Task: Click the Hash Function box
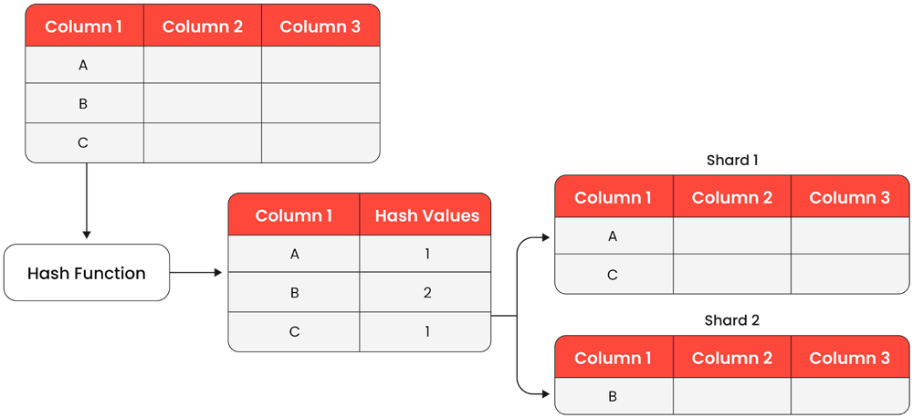click(87, 273)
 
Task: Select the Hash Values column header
click(426, 215)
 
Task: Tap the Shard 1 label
click(732, 160)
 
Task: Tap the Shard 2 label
click(732, 320)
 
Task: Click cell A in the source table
click(84, 66)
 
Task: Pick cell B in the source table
click(84, 104)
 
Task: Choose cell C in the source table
click(84, 142)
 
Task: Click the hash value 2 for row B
click(426, 293)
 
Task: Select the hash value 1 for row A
click(426, 255)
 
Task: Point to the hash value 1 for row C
click(426, 331)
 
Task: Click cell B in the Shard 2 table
click(614, 395)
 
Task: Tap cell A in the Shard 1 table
click(614, 236)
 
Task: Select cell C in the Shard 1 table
click(614, 274)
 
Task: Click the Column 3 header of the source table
click(320, 26)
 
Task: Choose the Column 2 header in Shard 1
click(732, 197)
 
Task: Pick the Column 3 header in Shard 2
click(849, 358)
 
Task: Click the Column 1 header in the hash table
click(294, 215)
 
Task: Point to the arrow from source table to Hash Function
click(86, 201)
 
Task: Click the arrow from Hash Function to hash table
click(196, 272)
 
